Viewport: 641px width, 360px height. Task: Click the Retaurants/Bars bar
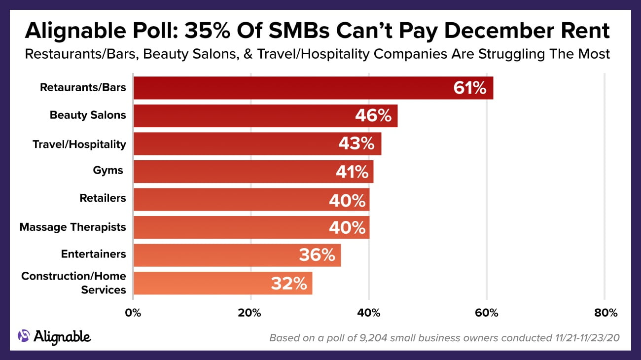[x=296, y=88]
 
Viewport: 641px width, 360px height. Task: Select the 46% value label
[x=373, y=116]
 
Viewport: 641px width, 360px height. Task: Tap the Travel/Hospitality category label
[x=79, y=144]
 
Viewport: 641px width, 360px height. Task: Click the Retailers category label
[x=103, y=198]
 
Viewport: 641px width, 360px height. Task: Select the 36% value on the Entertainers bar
[x=317, y=255]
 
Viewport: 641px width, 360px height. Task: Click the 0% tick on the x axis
[x=133, y=313]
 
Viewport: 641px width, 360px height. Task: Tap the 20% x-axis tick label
[x=250, y=313]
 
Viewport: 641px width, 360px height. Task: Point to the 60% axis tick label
[x=487, y=313]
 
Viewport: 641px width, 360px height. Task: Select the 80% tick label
[x=605, y=313]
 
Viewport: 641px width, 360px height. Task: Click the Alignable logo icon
[x=24, y=336]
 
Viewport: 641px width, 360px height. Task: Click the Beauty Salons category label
[x=88, y=115]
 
